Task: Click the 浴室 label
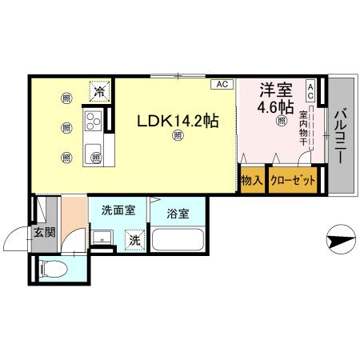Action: tap(178, 214)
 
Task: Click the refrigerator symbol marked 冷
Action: tap(99, 91)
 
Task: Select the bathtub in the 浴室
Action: tap(177, 241)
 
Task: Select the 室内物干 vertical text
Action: tap(304, 131)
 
